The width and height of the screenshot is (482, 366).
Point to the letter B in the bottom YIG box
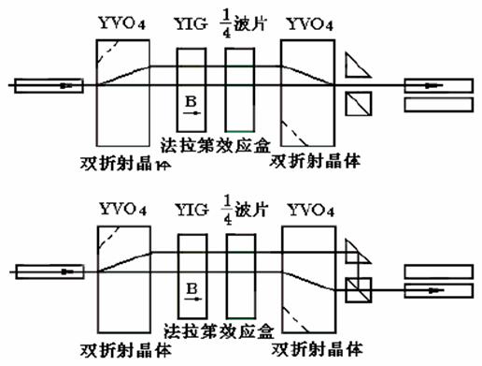tap(191, 285)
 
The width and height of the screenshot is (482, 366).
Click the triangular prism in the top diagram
tap(356, 65)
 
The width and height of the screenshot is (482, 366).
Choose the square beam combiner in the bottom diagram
tap(358, 290)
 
